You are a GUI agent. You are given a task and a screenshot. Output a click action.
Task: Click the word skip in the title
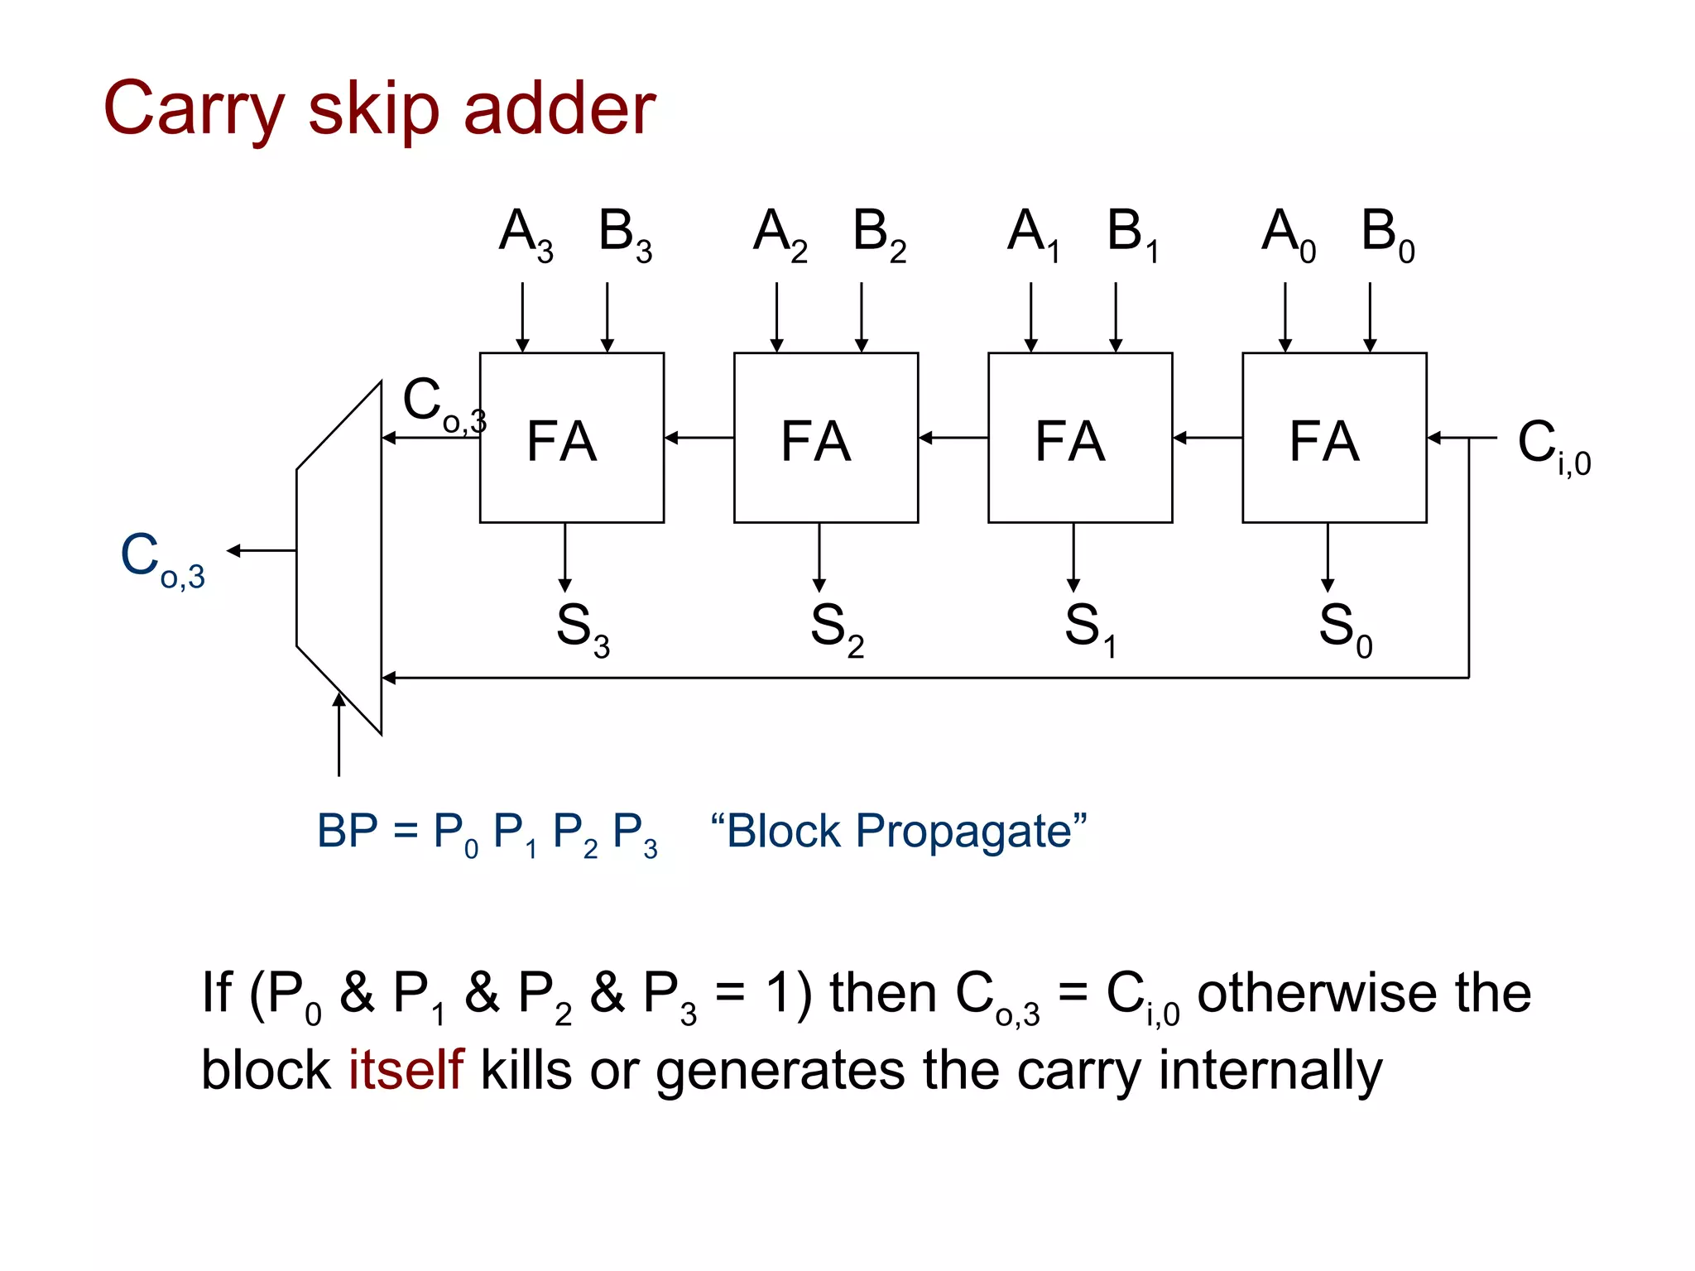tap(373, 110)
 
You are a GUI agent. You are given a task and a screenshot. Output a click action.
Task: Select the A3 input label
tap(526, 233)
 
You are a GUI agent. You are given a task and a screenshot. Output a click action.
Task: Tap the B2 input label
tap(879, 233)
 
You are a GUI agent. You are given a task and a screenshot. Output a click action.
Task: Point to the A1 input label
tap(1034, 233)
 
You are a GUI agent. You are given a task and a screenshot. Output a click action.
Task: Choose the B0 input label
tap(1388, 233)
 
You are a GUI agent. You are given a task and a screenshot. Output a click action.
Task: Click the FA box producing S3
tap(572, 439)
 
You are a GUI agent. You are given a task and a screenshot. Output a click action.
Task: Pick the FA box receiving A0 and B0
tap(1334, 439)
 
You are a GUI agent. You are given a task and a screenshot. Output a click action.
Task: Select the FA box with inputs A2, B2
tap(826, 439)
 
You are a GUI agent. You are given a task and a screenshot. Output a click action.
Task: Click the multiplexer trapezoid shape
tap(340, 556)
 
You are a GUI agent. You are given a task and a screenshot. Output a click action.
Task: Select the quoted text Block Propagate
tap(899, 831)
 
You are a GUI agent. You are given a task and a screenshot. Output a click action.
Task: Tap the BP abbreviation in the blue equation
tap(347, 831)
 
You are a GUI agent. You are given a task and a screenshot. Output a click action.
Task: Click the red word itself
tap(405, 1069)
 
